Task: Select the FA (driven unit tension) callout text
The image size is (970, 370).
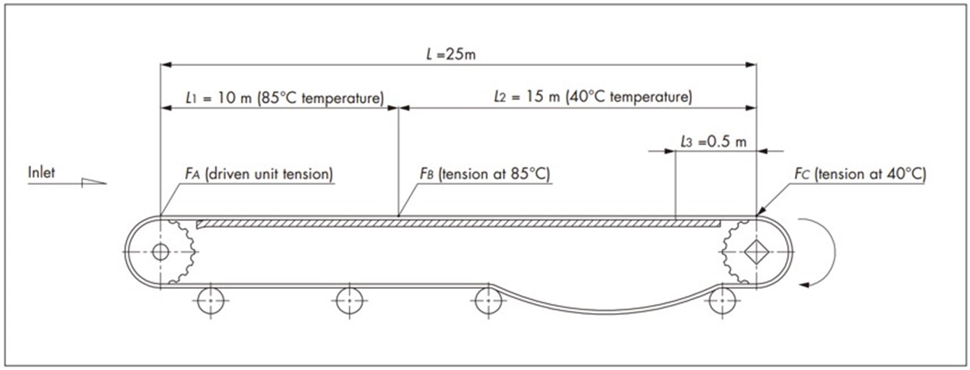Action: pos(259,174)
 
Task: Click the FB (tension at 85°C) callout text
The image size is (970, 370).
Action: pos(485,174)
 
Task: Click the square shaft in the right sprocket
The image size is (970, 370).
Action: pos(756,252)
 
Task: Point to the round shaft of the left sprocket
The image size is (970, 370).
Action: pos(161,252)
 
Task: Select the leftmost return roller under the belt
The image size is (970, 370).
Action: pos(210,300)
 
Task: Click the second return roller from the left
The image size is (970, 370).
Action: pos(349,300)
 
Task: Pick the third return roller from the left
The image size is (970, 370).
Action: pos(489,300)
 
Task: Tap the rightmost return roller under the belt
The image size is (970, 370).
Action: pos(722,300)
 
